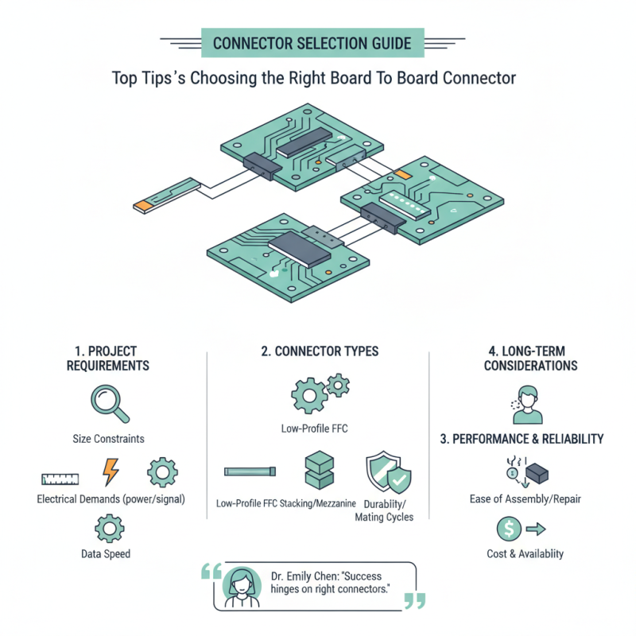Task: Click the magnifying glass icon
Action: (x=109, y=401)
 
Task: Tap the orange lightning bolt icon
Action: (x=110, y=472)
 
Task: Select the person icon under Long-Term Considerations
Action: (x=525, y=404)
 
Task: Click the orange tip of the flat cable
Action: (x=142, y=206)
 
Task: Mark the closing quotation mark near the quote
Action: (x=414, y=600)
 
